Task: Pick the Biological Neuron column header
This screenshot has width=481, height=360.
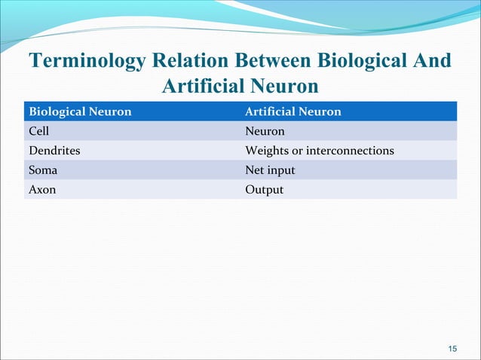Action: point(80,112)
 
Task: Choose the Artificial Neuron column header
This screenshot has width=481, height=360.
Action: point(293,112)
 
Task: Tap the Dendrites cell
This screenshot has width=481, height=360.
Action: point(54,151)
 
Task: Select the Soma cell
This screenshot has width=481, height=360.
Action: point(43,170)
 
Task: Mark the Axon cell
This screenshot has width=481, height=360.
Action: point(42,190)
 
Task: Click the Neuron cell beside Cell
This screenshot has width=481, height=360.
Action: point(265,132)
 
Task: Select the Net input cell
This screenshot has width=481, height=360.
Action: point(271,170)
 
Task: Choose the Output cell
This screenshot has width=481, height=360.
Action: point(265,190)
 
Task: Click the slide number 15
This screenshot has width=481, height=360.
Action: point(452,348)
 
